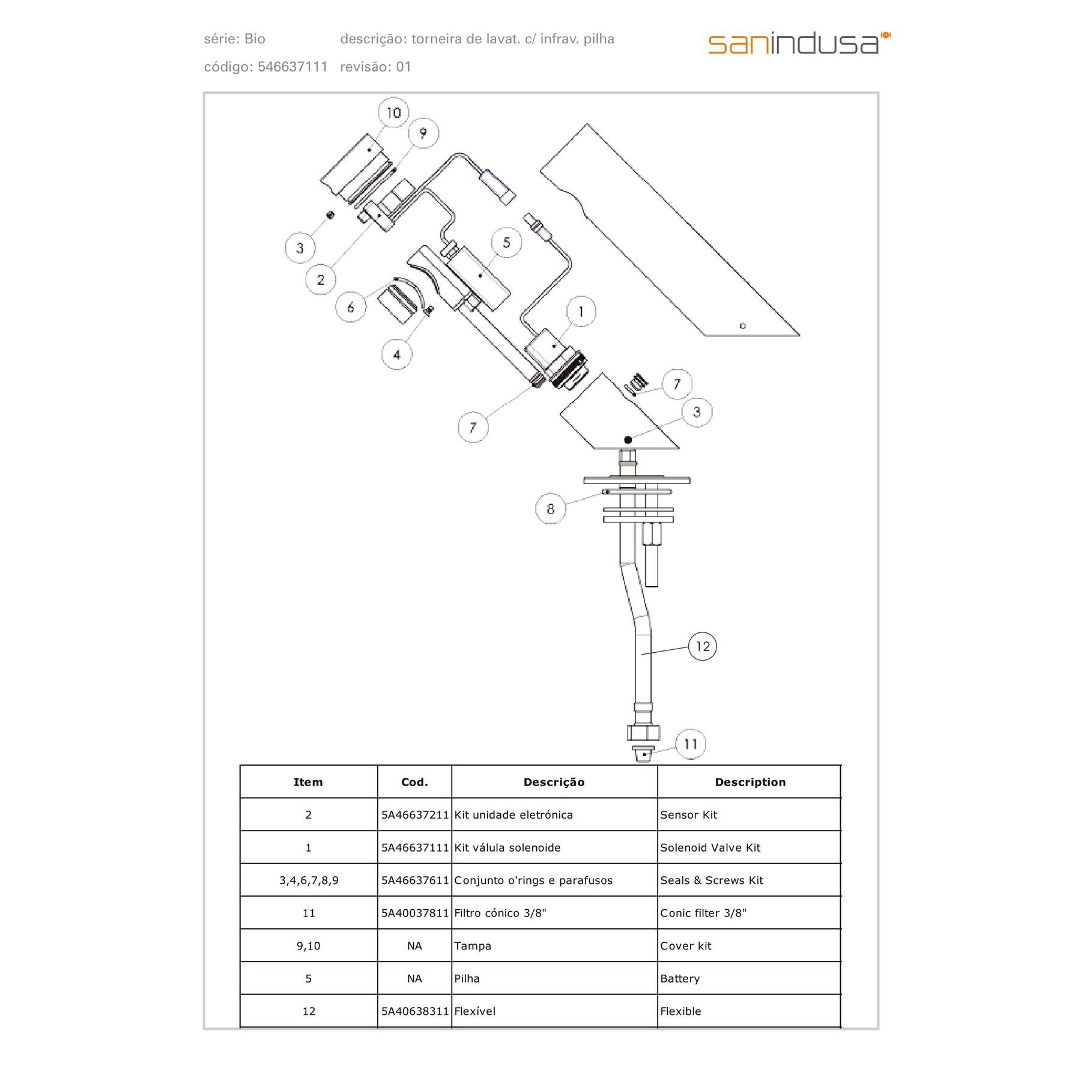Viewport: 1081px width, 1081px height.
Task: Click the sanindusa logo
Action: click(799, 43)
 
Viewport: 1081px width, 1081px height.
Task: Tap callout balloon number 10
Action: click(393, 112)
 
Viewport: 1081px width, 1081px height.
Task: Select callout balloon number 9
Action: click(423, 133)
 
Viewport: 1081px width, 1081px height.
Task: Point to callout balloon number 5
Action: click(506, 243)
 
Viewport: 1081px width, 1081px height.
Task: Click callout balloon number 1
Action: click(581, 312)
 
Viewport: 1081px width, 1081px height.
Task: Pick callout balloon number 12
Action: click(702, 646)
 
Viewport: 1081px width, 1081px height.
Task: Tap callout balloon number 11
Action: click(690, 744)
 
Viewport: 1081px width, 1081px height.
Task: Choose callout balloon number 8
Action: click(550, 509)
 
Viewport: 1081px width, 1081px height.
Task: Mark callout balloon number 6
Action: click(351, 307)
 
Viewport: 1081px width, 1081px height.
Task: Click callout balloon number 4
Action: click(396, 354)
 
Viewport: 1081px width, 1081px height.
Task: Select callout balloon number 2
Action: click(320, 279)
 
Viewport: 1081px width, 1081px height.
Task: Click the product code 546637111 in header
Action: click(292, 67)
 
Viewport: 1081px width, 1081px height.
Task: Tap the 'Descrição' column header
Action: click(554, 782)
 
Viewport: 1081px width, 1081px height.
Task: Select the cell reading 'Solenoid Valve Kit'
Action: click(710, 847)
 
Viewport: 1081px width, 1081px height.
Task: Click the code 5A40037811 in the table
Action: click(415, 913)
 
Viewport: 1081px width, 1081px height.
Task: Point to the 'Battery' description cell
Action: click(680, 978)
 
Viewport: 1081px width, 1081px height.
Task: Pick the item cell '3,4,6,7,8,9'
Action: click(309, 880)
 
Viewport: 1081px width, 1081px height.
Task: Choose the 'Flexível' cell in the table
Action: click(475, 1011)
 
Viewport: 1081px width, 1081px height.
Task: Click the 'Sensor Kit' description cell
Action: click(688, 815)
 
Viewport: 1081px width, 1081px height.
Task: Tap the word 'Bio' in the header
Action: click(255, 39)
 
